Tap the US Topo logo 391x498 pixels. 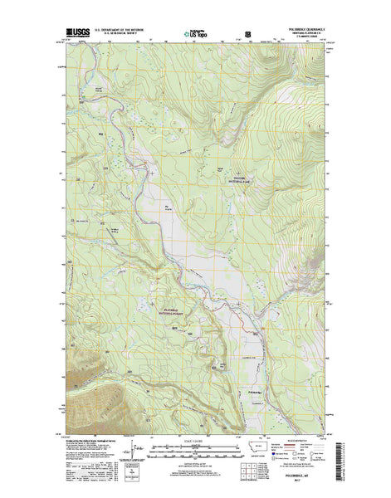pos(197,35)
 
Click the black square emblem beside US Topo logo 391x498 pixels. pos(247,35)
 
